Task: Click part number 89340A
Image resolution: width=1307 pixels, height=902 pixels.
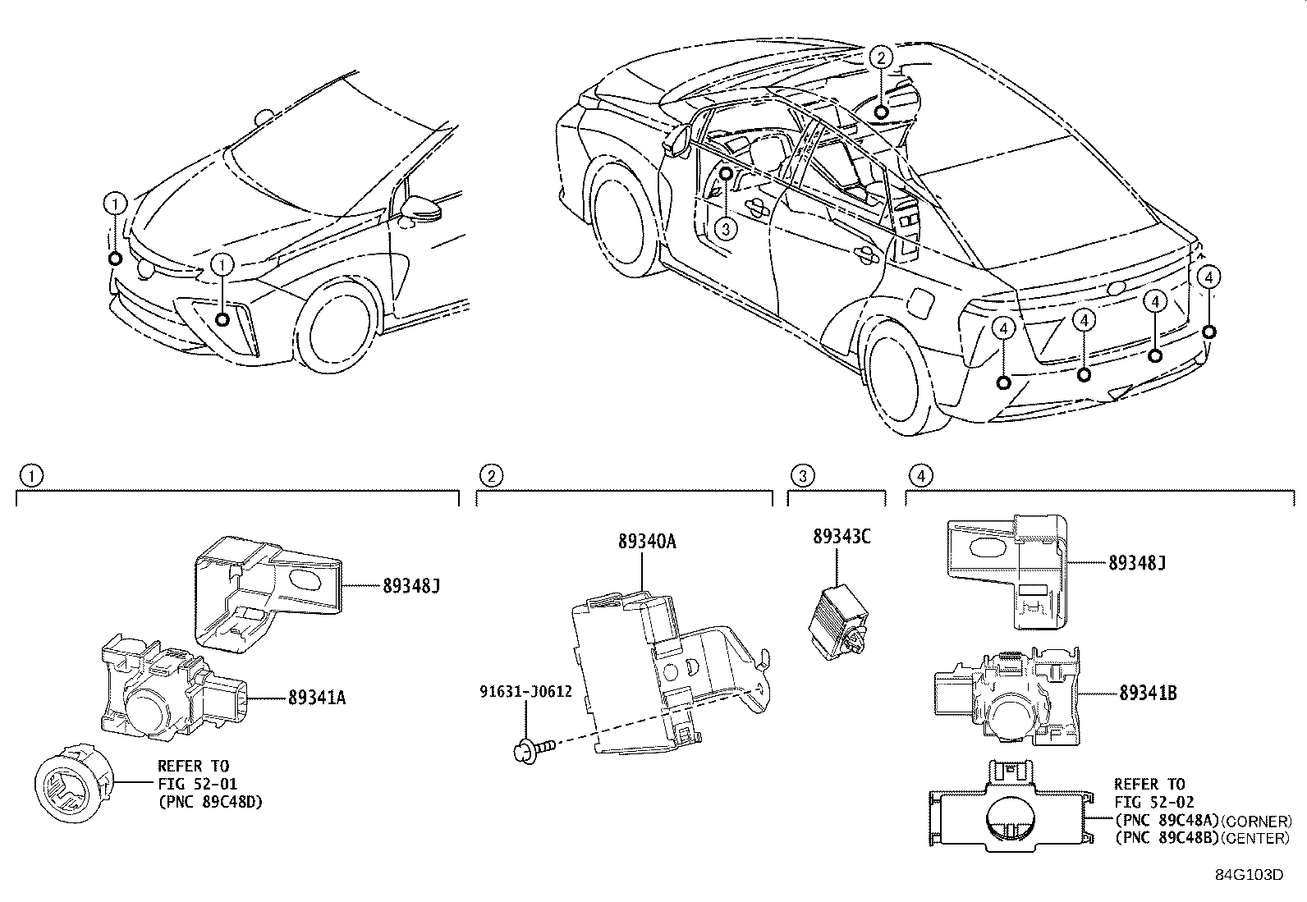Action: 647,542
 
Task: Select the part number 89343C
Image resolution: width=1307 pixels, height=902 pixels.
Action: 842,538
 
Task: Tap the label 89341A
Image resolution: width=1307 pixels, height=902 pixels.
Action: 317,698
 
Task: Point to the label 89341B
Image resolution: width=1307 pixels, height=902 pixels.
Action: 1148,694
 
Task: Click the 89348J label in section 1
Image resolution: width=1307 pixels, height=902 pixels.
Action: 412,585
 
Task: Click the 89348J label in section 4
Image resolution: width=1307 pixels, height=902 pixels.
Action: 1137,563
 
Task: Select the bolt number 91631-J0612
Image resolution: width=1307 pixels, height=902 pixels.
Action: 525,692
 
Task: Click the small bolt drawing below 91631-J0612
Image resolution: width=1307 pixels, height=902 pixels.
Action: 534,747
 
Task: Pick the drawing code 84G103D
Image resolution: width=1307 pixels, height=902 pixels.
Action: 1249,874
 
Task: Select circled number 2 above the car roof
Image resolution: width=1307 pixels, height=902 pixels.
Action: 880,57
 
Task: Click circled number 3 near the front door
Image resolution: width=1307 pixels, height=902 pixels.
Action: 725,228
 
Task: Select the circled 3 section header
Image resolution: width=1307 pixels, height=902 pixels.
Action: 802,474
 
